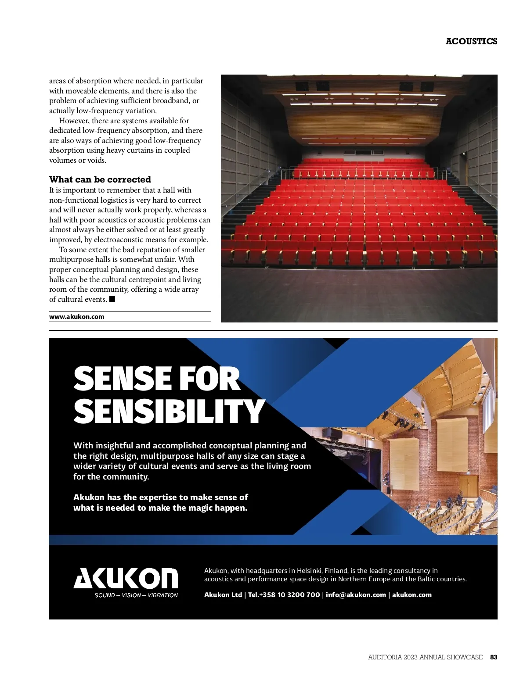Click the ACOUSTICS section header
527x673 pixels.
coord(471,41)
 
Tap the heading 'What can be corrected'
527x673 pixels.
coord(100,179)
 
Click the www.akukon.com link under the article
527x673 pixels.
coord(77,317)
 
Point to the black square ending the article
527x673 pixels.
coord(112,299)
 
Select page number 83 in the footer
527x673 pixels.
coord(494,657)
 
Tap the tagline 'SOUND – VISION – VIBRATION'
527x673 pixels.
coord(136,595)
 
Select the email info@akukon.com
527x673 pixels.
coord(356,595)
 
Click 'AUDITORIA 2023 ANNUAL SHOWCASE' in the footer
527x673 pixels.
coord(425,657)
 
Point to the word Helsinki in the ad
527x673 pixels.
coord(309,571)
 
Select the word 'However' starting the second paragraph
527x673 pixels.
coord(74,121)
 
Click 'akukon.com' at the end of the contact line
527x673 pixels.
coord(412,595)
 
